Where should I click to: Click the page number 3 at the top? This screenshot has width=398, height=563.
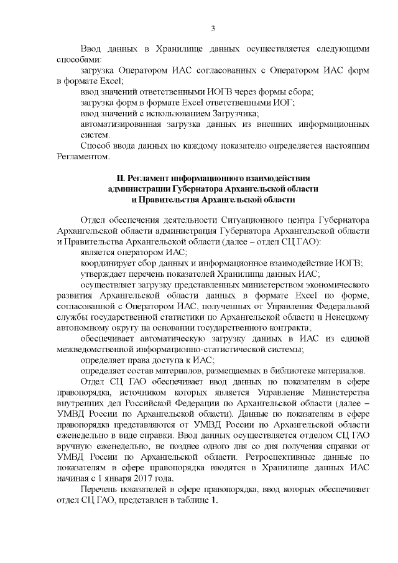(213, 28)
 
